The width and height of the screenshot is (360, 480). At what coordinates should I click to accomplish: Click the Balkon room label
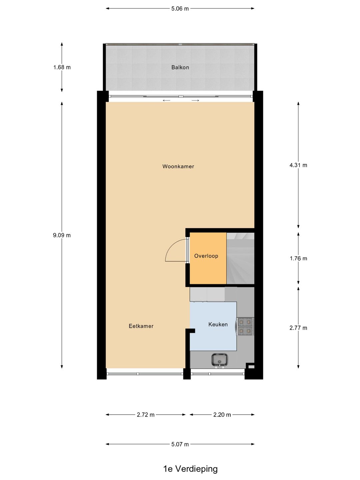(x=180, y=67)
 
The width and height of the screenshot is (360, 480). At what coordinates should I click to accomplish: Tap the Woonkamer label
(x=178, y=166)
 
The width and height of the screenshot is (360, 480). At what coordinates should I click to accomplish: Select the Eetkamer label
(x=141, y=326)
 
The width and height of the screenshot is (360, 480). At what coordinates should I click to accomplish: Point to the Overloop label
(x=206, y=256)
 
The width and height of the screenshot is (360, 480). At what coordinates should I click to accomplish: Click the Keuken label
(x=218, y=324)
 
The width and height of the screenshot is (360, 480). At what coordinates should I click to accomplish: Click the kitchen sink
(x=220, y=360)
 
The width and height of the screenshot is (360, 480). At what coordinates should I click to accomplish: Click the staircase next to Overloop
(x=240, y=258)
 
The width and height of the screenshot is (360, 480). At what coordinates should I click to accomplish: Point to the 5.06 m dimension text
(x=180, y=9)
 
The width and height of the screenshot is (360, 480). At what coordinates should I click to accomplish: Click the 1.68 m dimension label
(x=62, y=67)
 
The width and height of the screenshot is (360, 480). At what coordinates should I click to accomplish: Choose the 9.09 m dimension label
(x=62, y=235)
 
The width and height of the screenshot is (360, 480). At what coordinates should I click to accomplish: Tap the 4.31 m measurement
(x=298, y=165)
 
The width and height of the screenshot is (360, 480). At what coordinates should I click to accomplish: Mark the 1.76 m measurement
(x=298, y=259)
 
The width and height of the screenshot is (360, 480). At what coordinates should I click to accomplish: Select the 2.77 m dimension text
(x=298, y=328)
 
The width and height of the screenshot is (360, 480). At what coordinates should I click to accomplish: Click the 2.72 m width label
(x=146, y=415)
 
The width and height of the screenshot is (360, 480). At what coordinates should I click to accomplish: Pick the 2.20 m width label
(x=222, y=415)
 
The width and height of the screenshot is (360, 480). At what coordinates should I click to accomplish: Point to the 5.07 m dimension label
(x=180, y=444)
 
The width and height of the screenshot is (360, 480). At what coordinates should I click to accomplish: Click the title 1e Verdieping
(x=190, y=469)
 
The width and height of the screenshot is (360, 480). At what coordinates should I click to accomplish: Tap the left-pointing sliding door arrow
(x=166, y=100)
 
